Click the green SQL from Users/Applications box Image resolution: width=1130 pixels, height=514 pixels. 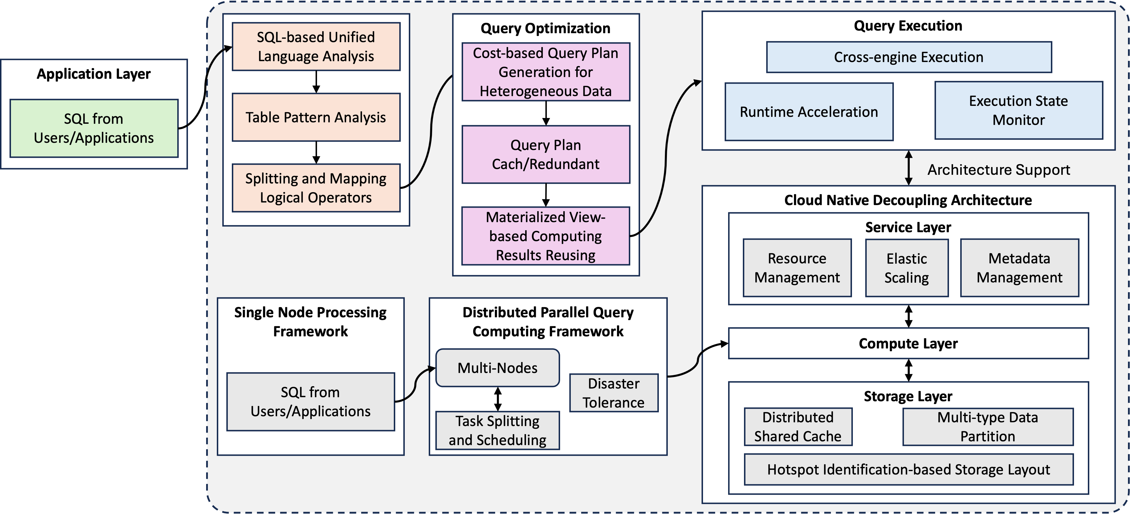[94, 128]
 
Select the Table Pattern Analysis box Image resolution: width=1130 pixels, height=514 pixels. [316, 117]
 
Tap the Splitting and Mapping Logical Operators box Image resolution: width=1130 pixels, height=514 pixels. [316, 188]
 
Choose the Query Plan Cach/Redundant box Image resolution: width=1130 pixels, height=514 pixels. [546, 155]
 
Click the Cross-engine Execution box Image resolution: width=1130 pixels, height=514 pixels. [909, 57]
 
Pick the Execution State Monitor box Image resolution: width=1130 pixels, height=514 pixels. [1018, 110]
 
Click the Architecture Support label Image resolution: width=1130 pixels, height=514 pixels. [998, 170]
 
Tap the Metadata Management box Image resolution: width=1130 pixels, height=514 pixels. [1019, 268]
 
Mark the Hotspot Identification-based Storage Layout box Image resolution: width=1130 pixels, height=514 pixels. [909, 469]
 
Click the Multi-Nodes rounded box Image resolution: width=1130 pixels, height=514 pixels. [497, 368]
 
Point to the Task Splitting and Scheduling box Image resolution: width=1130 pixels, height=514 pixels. [497, 430]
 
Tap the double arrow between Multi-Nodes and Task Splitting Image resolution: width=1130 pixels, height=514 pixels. [497, 399]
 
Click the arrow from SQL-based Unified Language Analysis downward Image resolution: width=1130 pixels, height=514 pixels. [316, 82]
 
